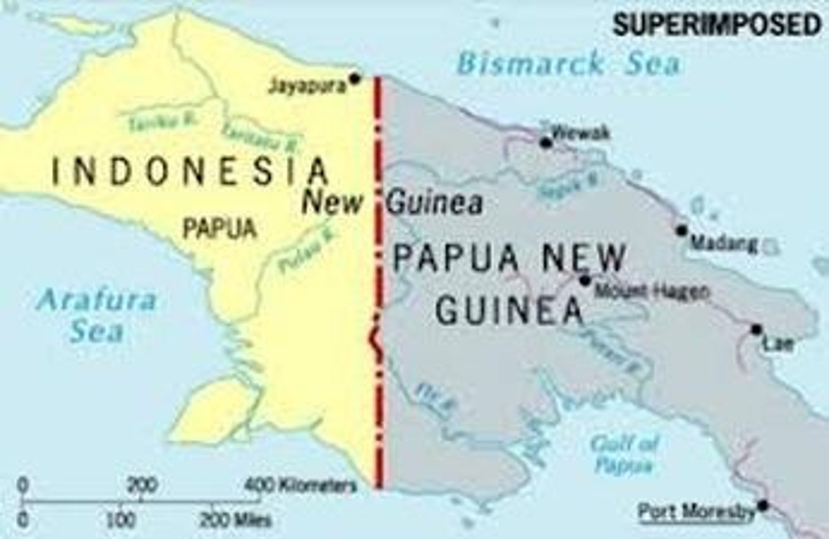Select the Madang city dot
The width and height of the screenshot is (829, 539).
(x=682, y=230)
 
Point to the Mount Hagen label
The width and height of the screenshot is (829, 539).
(x=651, y=291)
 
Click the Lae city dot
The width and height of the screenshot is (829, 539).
(x=756, y=329)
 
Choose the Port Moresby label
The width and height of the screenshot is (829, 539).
(x=696, y=511)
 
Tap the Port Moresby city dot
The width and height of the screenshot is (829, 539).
(x=763, y=506)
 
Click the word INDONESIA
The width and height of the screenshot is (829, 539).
(x=191, y=172)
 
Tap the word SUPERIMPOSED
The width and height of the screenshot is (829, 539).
(x=716, y=25)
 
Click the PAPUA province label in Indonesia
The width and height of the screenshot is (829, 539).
(x=219, y=229)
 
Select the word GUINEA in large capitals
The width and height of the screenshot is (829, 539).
(x=509, y=311)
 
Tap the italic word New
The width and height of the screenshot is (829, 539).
(x=333, y=203)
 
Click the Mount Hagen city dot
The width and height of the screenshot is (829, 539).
(x=585, y=280)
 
